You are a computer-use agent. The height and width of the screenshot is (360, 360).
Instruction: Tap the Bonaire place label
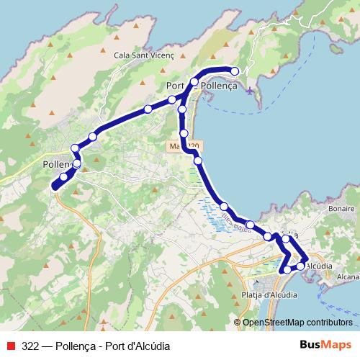(341, 208)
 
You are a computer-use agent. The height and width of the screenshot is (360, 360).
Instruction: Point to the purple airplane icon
(250, 91)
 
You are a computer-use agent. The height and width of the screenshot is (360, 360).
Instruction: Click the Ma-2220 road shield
(185, 145)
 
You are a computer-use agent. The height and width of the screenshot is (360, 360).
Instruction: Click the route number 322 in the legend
(30, 346)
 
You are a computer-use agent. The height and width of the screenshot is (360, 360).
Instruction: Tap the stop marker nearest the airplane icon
(235, 71)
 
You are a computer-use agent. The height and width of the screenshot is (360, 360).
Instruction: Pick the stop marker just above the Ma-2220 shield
(184, 134)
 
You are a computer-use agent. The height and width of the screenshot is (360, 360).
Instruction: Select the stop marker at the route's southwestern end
(55, 187)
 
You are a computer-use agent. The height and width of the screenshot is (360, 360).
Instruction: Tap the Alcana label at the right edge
(348, 276)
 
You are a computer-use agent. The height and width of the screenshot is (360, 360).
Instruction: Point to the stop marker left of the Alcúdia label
(300, 266)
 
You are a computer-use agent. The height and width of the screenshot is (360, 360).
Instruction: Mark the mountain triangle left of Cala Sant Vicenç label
(107, 53)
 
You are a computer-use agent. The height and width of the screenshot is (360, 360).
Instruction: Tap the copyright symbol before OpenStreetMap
(238, 323)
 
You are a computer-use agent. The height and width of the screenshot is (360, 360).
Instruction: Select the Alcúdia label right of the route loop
(319, 266)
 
